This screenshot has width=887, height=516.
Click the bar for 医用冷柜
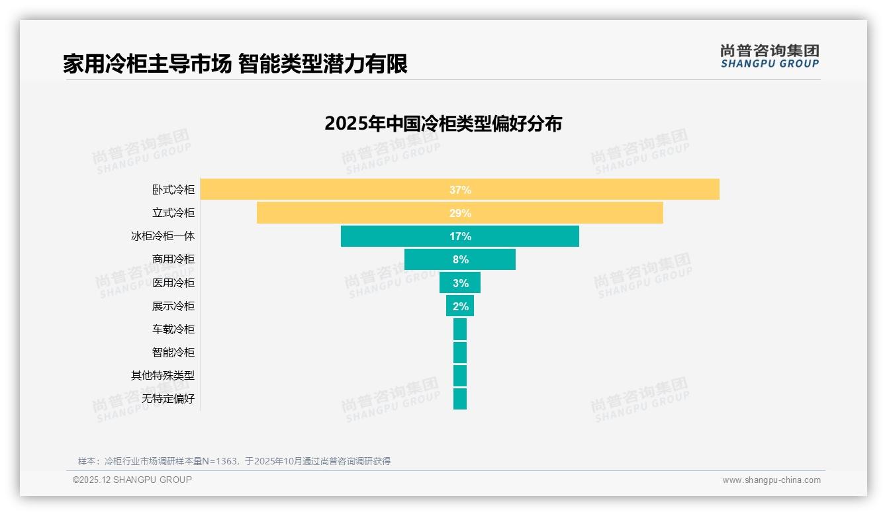click(x=445, y=283)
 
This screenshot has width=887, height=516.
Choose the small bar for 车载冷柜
click(x=460, y=329)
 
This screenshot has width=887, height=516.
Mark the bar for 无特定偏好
click(x=460, y=399)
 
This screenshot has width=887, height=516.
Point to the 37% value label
click(x=460, y=190)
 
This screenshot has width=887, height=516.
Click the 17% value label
click(x=460, y=236)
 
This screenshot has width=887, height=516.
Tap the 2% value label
click(x=461, y=306)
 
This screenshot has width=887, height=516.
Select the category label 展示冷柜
click(x=173, y=306)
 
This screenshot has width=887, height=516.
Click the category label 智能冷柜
click(x=173, y=353)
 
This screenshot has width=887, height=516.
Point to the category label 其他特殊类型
click(x=163, y=376)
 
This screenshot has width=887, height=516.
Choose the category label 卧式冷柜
click(x=173, y=190)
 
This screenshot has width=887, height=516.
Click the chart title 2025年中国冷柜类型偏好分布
click(x=443, y=124)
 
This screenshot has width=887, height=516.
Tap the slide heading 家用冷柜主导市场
click(x=147, y=64)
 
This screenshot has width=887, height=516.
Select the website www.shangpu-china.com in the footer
click(x=771, y=480)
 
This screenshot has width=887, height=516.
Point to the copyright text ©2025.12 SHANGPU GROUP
click(x=132, y=480)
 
